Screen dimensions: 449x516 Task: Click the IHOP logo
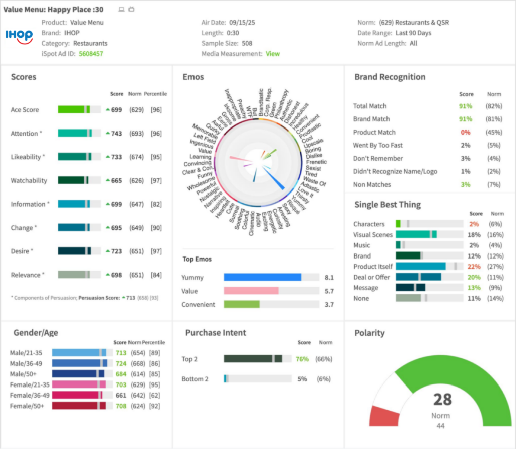tap(19, 35)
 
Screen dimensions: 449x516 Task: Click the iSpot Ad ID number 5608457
tap(91, 54)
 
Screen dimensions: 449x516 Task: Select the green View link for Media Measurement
tap(273, 54)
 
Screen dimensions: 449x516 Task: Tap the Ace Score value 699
tap(116, 110)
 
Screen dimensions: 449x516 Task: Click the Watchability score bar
tap(79, 180)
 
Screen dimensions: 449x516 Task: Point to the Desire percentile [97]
tap(156, 251)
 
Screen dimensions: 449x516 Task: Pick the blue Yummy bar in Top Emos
tap(263, 277)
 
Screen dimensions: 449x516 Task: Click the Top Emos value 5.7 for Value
tap(329, 291)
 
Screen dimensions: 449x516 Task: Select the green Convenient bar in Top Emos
tap(241, 304)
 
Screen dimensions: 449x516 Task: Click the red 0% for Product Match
tap(466, 132)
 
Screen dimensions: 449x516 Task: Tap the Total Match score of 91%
tap(466, 106)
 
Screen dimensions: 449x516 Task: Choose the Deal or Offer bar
tap(418, 277)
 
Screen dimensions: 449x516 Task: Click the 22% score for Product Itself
tap(474, 266)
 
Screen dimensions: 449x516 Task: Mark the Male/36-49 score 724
tap(121, 363)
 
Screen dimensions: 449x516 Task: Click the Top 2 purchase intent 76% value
tap(302, 359)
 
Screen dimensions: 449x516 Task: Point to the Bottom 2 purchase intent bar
tap(226, 379)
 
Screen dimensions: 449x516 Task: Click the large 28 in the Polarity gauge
tap(442, 400)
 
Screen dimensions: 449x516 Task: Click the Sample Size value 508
tap(247, 43)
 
